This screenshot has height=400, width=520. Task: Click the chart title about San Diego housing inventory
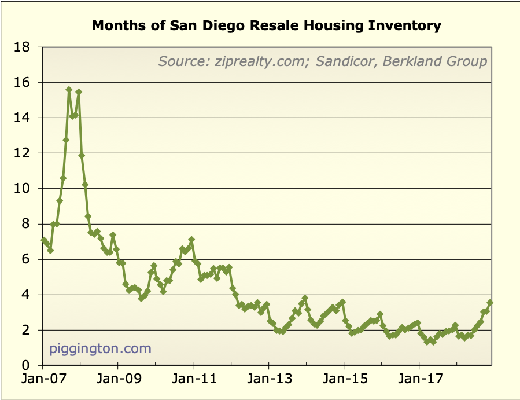coord(267,25)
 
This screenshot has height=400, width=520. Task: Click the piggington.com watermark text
coord(100,348)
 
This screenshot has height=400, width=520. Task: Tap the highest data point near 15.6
coord(69,90)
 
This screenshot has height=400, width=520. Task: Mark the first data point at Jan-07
coord(43,240)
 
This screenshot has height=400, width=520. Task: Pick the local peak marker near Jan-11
coord(191,240)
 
